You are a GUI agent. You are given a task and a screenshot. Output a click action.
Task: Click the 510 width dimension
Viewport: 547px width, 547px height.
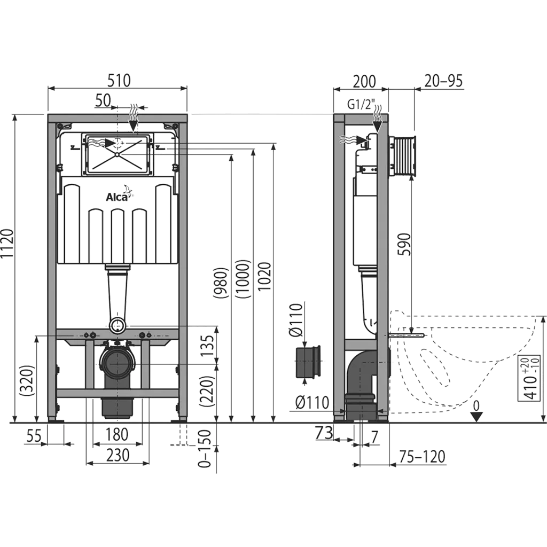[119, 81]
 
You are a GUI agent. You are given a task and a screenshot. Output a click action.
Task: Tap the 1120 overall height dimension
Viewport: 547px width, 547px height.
[7, 243]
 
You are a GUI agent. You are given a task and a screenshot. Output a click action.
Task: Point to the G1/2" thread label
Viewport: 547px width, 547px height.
[361, 104]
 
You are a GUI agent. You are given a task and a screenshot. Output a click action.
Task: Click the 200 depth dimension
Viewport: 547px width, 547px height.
[364, 82]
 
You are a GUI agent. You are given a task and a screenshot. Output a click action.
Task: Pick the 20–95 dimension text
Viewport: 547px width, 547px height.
[443, 81]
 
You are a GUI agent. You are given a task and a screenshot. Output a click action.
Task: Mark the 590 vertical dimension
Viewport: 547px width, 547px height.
[405, 244]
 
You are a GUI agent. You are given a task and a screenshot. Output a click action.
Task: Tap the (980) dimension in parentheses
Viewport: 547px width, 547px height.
[221, 283]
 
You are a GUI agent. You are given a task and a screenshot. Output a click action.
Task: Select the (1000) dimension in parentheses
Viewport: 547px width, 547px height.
[243, 279]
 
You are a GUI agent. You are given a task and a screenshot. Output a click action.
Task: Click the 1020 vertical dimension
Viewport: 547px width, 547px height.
[265, 276]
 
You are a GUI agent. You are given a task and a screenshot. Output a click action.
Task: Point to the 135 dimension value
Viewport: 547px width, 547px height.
[207, 346]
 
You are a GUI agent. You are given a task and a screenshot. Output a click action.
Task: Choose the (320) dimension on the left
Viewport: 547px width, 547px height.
[28, 380]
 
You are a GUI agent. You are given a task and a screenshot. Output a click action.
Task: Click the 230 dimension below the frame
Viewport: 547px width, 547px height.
[118, 455]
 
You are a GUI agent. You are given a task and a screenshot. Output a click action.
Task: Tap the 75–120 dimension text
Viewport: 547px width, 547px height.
[422, 456]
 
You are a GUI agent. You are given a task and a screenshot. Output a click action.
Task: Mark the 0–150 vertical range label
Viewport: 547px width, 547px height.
[205, 449]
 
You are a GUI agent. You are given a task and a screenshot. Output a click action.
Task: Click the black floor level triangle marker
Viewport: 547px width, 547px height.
[476, 417]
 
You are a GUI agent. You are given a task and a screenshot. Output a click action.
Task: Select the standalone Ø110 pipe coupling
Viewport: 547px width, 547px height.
[308, 362]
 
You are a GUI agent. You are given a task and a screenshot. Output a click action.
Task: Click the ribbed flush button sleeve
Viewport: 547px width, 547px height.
[403, 155]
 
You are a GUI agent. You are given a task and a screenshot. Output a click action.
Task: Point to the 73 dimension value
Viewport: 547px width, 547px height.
[324, 433]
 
